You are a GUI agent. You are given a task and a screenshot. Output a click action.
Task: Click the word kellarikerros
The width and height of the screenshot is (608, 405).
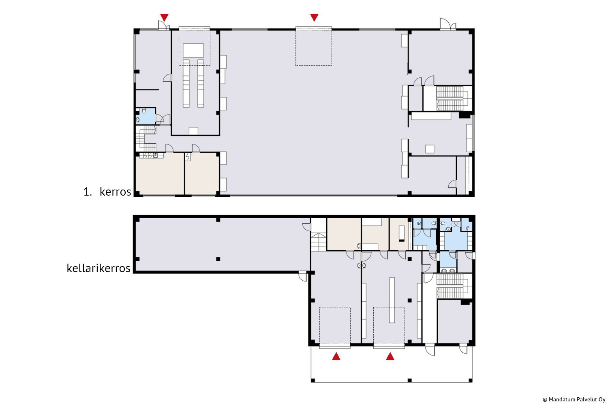(98, 268)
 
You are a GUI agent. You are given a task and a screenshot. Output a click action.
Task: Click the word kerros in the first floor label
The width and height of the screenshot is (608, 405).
(116, 192)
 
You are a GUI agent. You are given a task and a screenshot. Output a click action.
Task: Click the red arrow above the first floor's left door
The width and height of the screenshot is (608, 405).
(164, 17)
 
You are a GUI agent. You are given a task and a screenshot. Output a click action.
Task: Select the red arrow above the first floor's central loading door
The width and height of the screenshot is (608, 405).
(314, 17)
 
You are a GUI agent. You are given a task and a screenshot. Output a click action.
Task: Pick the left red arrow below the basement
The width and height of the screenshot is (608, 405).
(336, 356)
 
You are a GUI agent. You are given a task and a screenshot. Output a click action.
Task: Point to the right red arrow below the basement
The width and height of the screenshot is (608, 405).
(390, 356)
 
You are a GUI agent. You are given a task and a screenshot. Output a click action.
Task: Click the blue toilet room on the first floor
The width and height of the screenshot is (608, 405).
(146, 116)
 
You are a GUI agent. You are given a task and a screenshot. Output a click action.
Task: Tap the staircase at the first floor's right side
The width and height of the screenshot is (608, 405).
(454, 98)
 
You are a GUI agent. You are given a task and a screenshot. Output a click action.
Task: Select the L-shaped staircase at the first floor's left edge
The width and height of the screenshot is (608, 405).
(146, 139)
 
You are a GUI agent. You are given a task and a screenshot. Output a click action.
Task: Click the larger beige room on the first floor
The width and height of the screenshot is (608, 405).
(160, 174)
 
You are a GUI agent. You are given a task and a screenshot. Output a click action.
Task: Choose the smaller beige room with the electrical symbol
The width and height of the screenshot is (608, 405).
(202, 174)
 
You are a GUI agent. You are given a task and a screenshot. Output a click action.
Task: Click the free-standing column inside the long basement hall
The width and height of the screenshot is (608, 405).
(218, 259)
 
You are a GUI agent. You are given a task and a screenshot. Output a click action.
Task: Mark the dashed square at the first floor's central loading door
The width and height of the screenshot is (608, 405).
(313, 46)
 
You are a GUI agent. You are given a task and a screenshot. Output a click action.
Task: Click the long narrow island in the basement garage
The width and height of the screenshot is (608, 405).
(392, 300)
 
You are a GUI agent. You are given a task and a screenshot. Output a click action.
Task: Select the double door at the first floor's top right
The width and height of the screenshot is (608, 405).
(448, 24)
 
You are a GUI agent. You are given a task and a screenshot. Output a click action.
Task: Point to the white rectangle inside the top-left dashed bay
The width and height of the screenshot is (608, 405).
(193, 51)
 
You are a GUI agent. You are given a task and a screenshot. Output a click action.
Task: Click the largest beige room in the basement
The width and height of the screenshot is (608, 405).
(344, 234)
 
